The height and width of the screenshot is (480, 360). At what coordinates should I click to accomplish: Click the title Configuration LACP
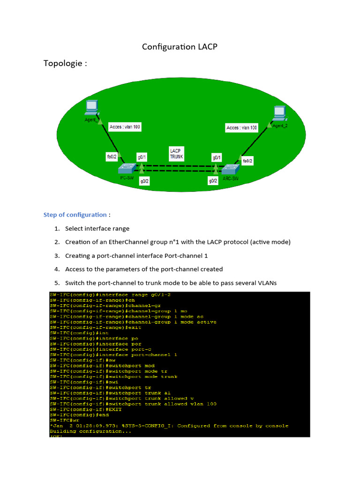pos(180,47)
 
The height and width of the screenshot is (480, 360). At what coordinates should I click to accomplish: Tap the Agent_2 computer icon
pos(279,112)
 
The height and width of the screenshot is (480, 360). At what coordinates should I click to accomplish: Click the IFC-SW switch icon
pos(127,167)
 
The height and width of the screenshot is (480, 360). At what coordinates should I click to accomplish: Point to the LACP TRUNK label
pos(176,153)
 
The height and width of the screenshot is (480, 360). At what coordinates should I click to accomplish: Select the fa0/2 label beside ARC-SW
pos(247,161)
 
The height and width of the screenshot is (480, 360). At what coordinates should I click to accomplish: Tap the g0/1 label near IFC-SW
pos(142,157)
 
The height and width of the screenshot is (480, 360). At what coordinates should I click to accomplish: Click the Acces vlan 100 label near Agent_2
pos(241,127)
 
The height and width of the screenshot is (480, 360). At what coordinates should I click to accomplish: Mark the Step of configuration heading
pos(75,215)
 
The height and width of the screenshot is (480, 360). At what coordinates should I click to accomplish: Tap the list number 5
pos(57,283)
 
